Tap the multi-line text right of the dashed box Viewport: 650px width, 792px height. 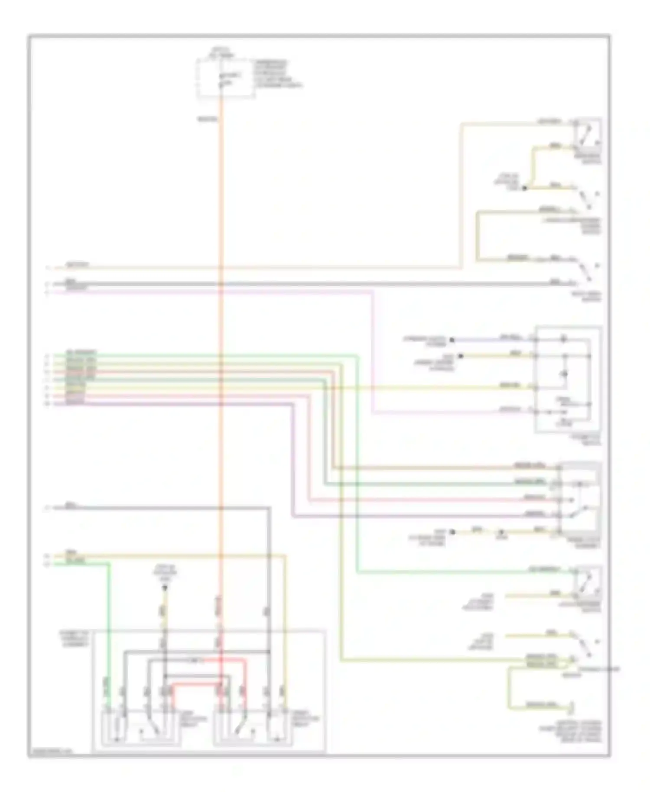pos(277,74)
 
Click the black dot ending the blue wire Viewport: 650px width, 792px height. pos(452,340)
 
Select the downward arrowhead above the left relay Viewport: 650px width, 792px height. pos(165,588)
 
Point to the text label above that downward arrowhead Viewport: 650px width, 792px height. pos(165,572)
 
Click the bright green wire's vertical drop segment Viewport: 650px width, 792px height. pos(109,628)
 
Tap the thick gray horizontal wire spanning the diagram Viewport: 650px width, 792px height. pos(303,284)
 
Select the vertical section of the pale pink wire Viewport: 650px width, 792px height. pos(373,351)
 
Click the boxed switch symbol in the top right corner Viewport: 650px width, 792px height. pos(588,134)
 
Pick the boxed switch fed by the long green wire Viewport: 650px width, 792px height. pos(588,583)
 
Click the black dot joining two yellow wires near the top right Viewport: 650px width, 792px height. pos(524,188)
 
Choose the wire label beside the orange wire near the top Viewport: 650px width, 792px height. pos(208,118)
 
